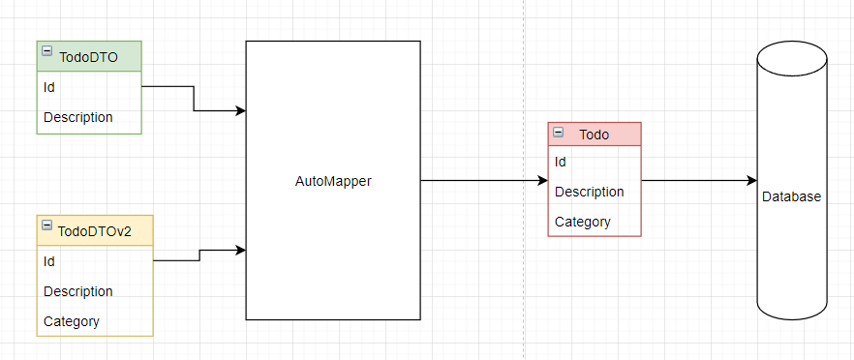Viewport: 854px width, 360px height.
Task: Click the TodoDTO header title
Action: click(x=88, y=57)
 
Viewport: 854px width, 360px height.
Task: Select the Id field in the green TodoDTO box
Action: click(x=49, y=87)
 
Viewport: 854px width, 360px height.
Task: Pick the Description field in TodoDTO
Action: click(x=77, y=117)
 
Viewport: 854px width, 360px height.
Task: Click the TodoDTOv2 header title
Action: click(x=94, y=231)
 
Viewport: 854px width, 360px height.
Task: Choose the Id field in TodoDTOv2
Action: click(x=49, y=261)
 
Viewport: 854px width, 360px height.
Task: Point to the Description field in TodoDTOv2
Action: click(x=77, y=291)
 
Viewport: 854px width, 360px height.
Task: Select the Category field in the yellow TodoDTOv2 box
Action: click(x=71, y=321)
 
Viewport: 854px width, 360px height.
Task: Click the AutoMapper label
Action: click(x=332, y=181)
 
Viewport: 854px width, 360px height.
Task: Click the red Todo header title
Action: click(x=594, y=135)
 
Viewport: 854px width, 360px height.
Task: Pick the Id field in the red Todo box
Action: click(x=561, y=162)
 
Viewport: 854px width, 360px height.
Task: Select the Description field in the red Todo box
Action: click(x=589, y=192)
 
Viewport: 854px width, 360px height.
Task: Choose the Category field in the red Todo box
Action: click(x=582, y=222)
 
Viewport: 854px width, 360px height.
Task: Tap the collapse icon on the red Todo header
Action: click(x=558, y=132)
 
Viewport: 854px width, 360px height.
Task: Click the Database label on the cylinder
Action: click(x=791, y=196)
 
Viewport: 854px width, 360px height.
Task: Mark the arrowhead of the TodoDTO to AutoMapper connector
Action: click(x=241, y=110)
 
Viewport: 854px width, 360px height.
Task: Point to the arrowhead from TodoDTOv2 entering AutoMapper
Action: click(x=241, y=251)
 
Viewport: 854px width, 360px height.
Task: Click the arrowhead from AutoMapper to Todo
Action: click(x=542, y=181)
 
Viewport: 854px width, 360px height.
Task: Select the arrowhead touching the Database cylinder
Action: click(x=751, y=181)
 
